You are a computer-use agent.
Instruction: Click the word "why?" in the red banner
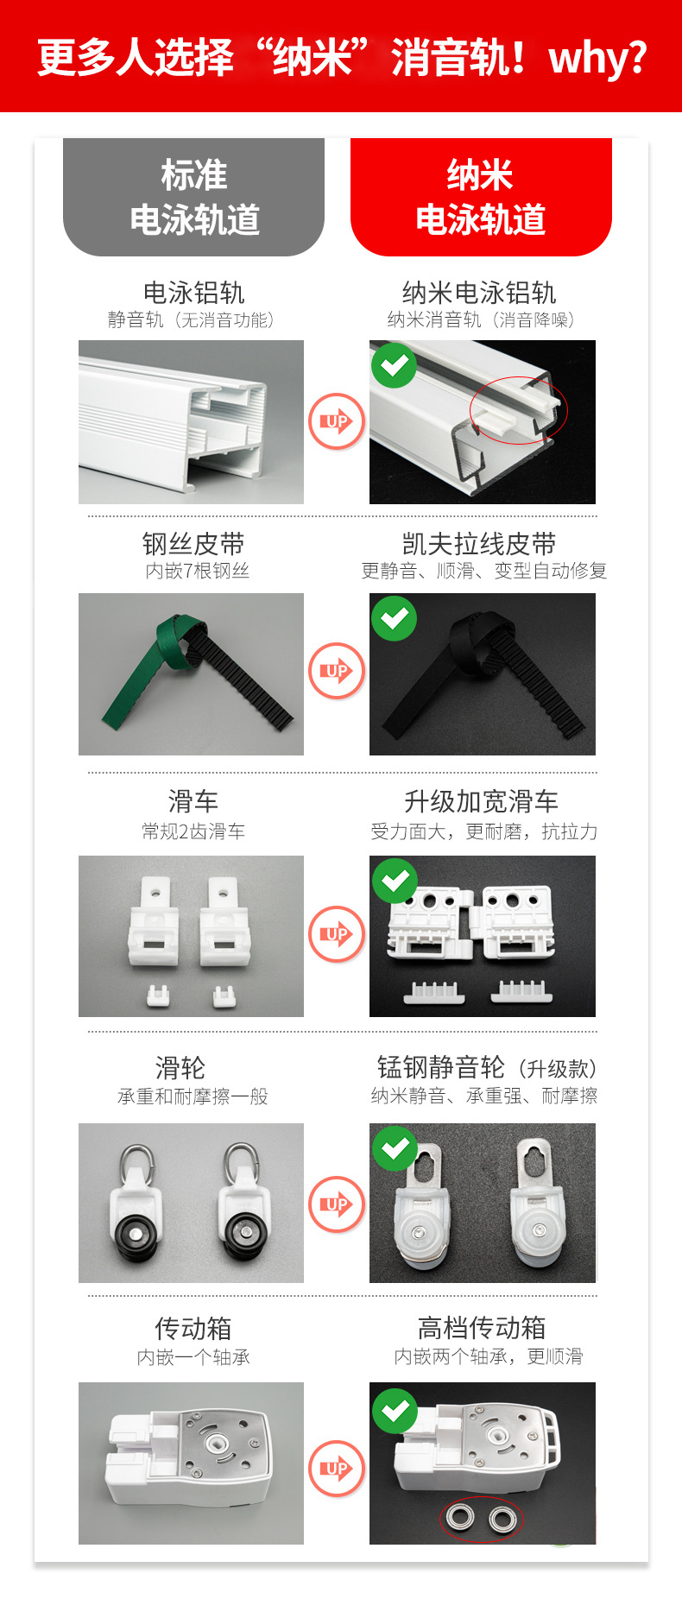[x=597, y=58]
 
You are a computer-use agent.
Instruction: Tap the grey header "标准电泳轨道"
[x=194, y=197]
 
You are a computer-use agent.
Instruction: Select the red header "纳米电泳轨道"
[x=481, y=197]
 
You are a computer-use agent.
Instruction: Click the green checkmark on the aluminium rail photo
[x=394, y=365]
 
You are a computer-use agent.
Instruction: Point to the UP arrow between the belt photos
[x=336, y=671]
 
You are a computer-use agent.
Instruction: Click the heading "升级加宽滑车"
[x=481, y=801]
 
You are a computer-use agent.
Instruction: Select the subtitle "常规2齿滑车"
[x=193, y=831]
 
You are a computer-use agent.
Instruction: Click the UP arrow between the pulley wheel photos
[x=336, y=1204]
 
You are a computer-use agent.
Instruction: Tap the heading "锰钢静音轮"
[x=441, y=1067]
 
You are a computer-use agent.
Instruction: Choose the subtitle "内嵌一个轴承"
[x=193, y=1356]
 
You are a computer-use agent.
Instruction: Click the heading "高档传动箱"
[x=481, y=1327]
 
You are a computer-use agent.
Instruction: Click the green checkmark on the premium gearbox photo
[x=395, y=1410]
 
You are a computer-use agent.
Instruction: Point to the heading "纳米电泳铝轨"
[x=479, y=293]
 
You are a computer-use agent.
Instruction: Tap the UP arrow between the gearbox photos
[x=336, y=1468]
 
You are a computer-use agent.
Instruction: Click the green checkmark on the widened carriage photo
[x=395, y=881]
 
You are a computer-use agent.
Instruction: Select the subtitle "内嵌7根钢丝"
[x=197, y=571]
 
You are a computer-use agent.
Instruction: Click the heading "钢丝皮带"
[x=193, y=544]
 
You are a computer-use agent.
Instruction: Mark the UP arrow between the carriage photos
[x=336, y=934]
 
